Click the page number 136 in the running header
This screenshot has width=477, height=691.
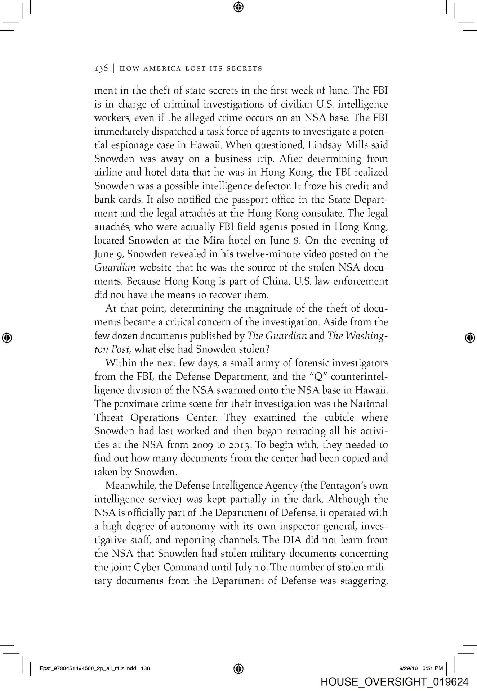tap(101, 68)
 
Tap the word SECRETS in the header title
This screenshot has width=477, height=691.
tap(244, 68)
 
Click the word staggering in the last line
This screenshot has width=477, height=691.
tap(361, 581)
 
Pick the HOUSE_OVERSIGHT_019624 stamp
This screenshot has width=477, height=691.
tap(394, 682)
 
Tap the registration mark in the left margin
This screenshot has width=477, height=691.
tap(7, 337)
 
